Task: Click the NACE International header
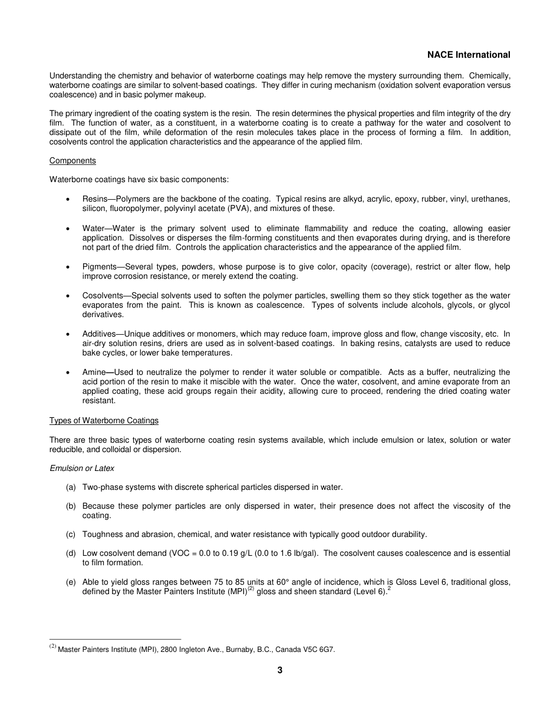(x=469, y=55)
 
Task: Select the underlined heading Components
(x=73, y=161)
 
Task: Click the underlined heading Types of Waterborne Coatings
(x=104, y=420)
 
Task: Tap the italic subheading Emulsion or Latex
(x=82, y=468)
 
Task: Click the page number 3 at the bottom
(x=280, y=670)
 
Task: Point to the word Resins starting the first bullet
(x=95, y=199)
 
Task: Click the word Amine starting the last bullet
(x=94, y=373)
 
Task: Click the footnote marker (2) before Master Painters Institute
(x=52, y=647)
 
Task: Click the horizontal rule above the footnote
(x=115, y=639)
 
